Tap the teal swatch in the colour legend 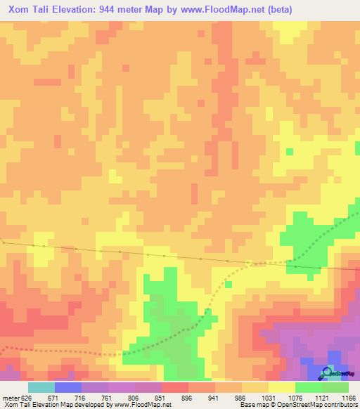[41, 387]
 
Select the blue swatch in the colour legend [68, 387]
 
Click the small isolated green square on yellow [290, 152]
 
